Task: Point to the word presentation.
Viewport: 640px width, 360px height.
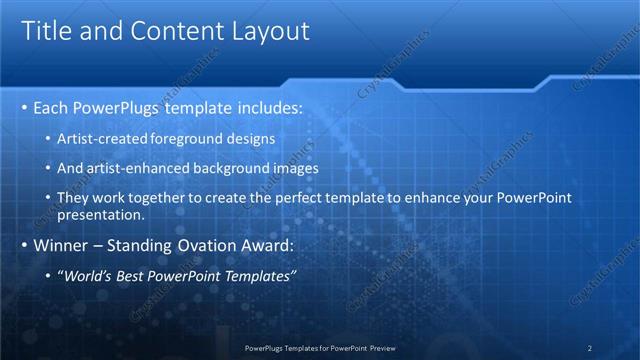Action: (103, 214)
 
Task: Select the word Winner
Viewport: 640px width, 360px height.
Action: (60, 245)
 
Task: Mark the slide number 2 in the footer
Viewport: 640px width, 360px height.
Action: (589, 348)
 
